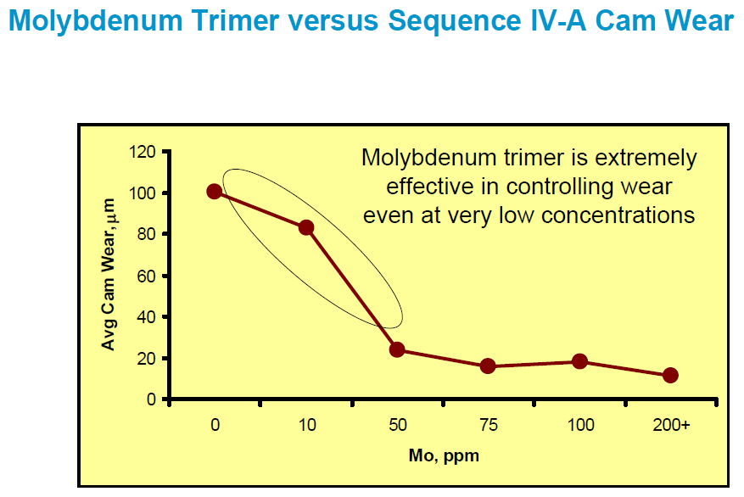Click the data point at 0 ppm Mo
click(x=215, y=192)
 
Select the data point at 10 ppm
click(x=306, y=227)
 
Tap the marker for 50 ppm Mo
click(x=397, y=350)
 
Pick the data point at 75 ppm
click(x=488, y=366)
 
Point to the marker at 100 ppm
click(x=579, y=361)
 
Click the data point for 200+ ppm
click(x=670, y=376)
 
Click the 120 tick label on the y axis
click(x=142, y=152)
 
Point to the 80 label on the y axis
click(x=147, y=234)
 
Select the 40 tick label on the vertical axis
click(x=147, y=317)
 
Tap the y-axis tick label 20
click(x=147, y=358)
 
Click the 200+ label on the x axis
click(x=671, y=424)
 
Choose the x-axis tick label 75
click(x=489, y=424)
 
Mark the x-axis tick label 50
click(x=398, y=424)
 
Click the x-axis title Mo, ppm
click(x=445, y=455)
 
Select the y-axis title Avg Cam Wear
click(x=109, y=275)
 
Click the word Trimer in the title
click(x=235, y=21)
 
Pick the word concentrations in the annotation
click(x=618, y=215)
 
